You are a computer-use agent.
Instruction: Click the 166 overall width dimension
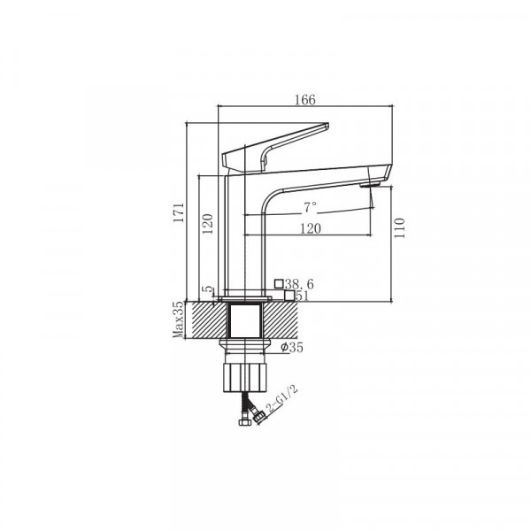pos(304,100)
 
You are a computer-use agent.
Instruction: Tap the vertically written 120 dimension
pos(208,222)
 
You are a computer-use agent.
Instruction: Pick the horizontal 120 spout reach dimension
pos(309,227)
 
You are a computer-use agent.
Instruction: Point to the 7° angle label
pos(309,208)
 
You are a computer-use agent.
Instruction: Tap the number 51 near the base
pos(301,296)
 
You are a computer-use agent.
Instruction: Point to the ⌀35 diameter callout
pos(292,348)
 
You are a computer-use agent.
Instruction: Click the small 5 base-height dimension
pos(208,290)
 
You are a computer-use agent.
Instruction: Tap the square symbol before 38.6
pos(280,283)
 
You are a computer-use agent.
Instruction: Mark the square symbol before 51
pos(289,296)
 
